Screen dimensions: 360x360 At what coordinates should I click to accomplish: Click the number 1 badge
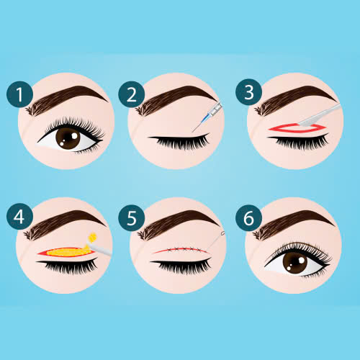pyautogui.click(x=19, y=94)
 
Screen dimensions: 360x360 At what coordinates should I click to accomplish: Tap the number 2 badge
pyautogui.click(x=132, y=94)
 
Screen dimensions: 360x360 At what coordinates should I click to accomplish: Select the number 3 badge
pyautogui.click(x=248, y=92)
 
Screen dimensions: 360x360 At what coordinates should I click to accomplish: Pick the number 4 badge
pyautogui.click(x=19, y=217)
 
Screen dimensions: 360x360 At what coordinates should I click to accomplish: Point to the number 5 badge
pyautogui.click(x=132, y=218)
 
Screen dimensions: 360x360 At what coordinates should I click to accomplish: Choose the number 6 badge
pyautogui.click(x=248, y=218)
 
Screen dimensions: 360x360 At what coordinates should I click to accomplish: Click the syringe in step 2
pyautogui.click(x=208, y=117)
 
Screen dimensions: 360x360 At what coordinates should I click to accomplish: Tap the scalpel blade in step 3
pyautogui.click(x=310, y=121)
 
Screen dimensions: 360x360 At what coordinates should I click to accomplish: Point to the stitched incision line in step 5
pyautogui.click(x=181, y=251)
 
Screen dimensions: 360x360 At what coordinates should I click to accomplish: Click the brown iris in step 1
pyautogui.click(x=68, y=138)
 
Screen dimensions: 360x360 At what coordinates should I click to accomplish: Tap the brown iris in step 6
pyautogui.click(x=295, y=263)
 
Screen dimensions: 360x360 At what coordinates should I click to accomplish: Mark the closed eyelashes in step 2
pyautogui.click(x=180, y=142)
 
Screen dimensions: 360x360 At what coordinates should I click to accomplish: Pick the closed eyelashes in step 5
pyautogui.click(x=181, y=265)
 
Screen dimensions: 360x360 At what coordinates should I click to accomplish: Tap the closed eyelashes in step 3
pyautogui.click(x=299, y=142)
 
